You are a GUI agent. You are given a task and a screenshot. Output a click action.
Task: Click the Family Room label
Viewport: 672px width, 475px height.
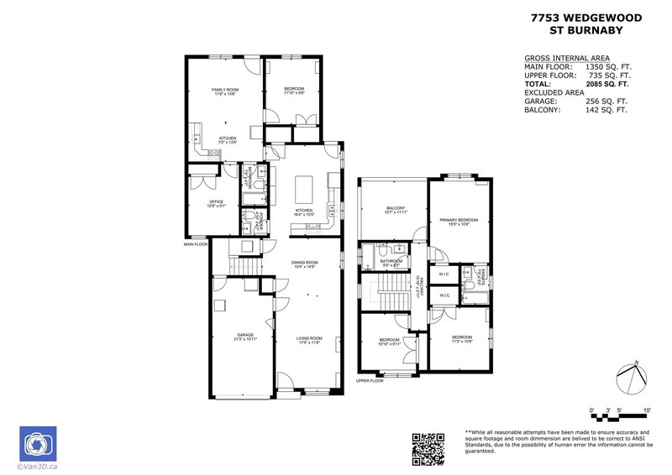click(x=224, y=89)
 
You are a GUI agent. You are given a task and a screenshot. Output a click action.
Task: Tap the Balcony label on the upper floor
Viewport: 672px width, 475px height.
click(x=396, y=208)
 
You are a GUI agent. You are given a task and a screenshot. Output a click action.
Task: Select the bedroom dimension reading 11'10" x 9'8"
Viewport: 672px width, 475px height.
click(x=293, y=94)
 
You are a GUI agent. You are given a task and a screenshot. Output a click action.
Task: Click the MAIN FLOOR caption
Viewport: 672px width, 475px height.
click(x=195, y=244)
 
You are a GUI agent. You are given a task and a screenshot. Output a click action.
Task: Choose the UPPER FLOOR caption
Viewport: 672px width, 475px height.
click(x=370, y=380)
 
